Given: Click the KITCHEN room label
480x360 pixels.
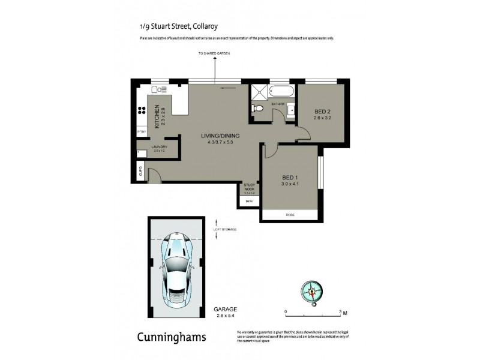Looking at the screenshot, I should [157, 116].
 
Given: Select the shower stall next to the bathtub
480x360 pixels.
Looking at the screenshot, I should [259, 93].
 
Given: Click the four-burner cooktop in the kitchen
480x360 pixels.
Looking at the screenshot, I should [143, 110].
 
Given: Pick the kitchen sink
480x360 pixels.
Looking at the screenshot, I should [158, 89].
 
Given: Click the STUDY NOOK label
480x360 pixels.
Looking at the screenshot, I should [249, 187].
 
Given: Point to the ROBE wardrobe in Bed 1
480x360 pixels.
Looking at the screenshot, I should [290, 214].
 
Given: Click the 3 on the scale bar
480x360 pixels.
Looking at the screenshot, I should [340, 312].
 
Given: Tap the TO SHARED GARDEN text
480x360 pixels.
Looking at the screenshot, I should [214, 55].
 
